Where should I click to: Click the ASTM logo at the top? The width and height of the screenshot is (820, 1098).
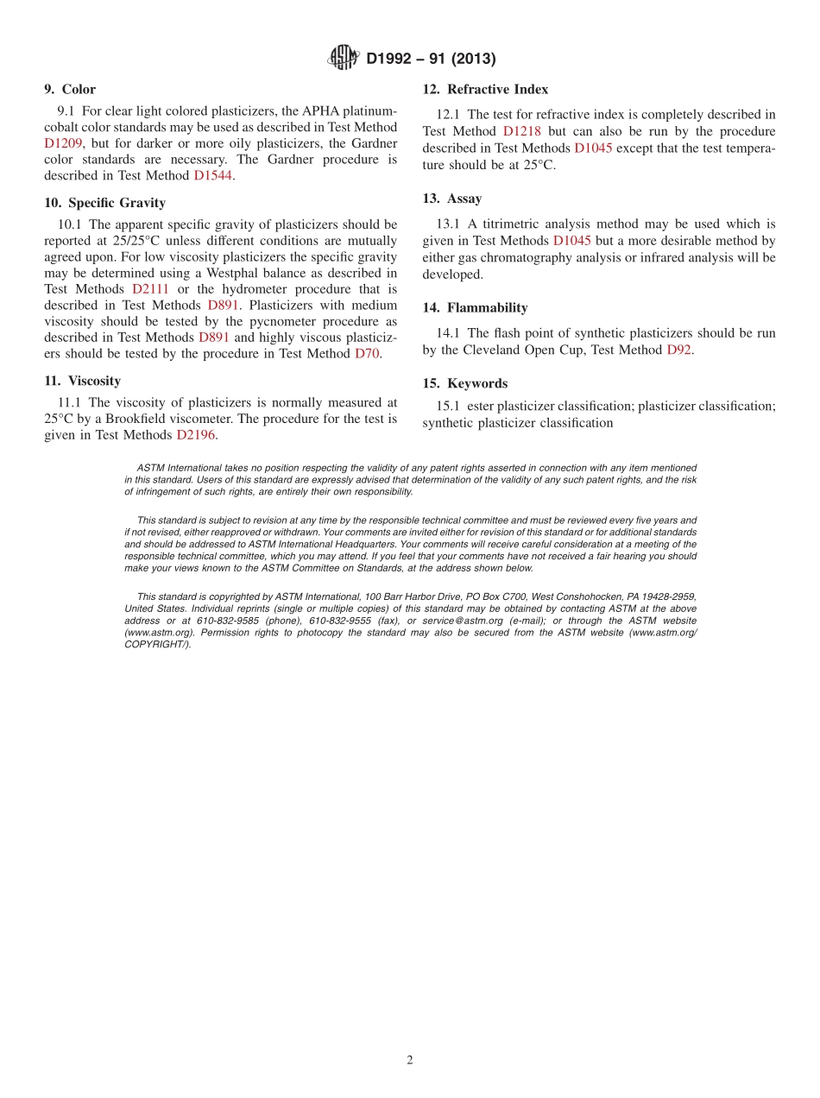coord(343,58)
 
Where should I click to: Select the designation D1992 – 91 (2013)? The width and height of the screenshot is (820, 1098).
coord(431,59)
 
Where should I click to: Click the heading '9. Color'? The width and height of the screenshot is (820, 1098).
coord(70,89)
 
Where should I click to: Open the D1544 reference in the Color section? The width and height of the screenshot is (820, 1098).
coord(213,175)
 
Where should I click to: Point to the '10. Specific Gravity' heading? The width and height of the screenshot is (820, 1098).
coord(104,203)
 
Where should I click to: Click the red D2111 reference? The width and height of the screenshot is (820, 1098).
coord(150,289)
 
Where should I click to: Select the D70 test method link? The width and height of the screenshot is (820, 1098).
coord(366,353)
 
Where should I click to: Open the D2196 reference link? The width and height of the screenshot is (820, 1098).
coord(195,435)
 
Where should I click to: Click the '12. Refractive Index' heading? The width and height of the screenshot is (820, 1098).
coord(485,89)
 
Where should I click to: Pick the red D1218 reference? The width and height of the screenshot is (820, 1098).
coord(522,131)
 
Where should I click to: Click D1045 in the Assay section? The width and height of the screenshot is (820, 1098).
coord(571,241)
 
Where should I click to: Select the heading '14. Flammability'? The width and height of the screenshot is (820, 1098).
coord(475,307)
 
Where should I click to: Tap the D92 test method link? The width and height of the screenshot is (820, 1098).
coord(678,350)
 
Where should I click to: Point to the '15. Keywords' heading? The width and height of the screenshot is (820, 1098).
coord(464,383)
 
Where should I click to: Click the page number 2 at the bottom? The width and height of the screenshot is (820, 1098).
coord(410,1061)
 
